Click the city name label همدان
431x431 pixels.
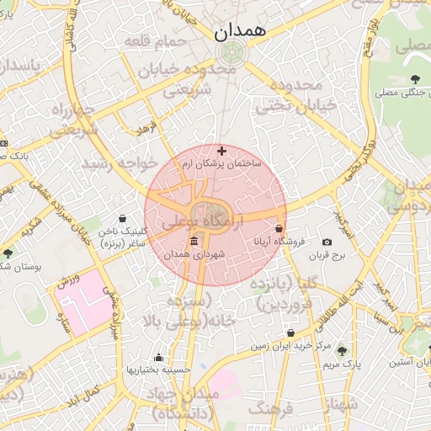click(x=239, y=32)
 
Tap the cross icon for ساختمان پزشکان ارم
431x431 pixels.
click(x=222, y=152)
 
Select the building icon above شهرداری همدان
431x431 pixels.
click(x=194, y=242)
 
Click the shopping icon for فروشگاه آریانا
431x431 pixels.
click(x=279, y=228)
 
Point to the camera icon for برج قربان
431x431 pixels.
click(x=327, y=242)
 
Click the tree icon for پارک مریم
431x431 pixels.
click(x=341, y=351)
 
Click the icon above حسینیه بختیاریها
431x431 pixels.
click(x=158, y=358)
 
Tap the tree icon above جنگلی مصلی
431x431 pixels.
click(x=414, y=80)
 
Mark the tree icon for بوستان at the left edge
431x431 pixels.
click(x=8, y=253)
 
